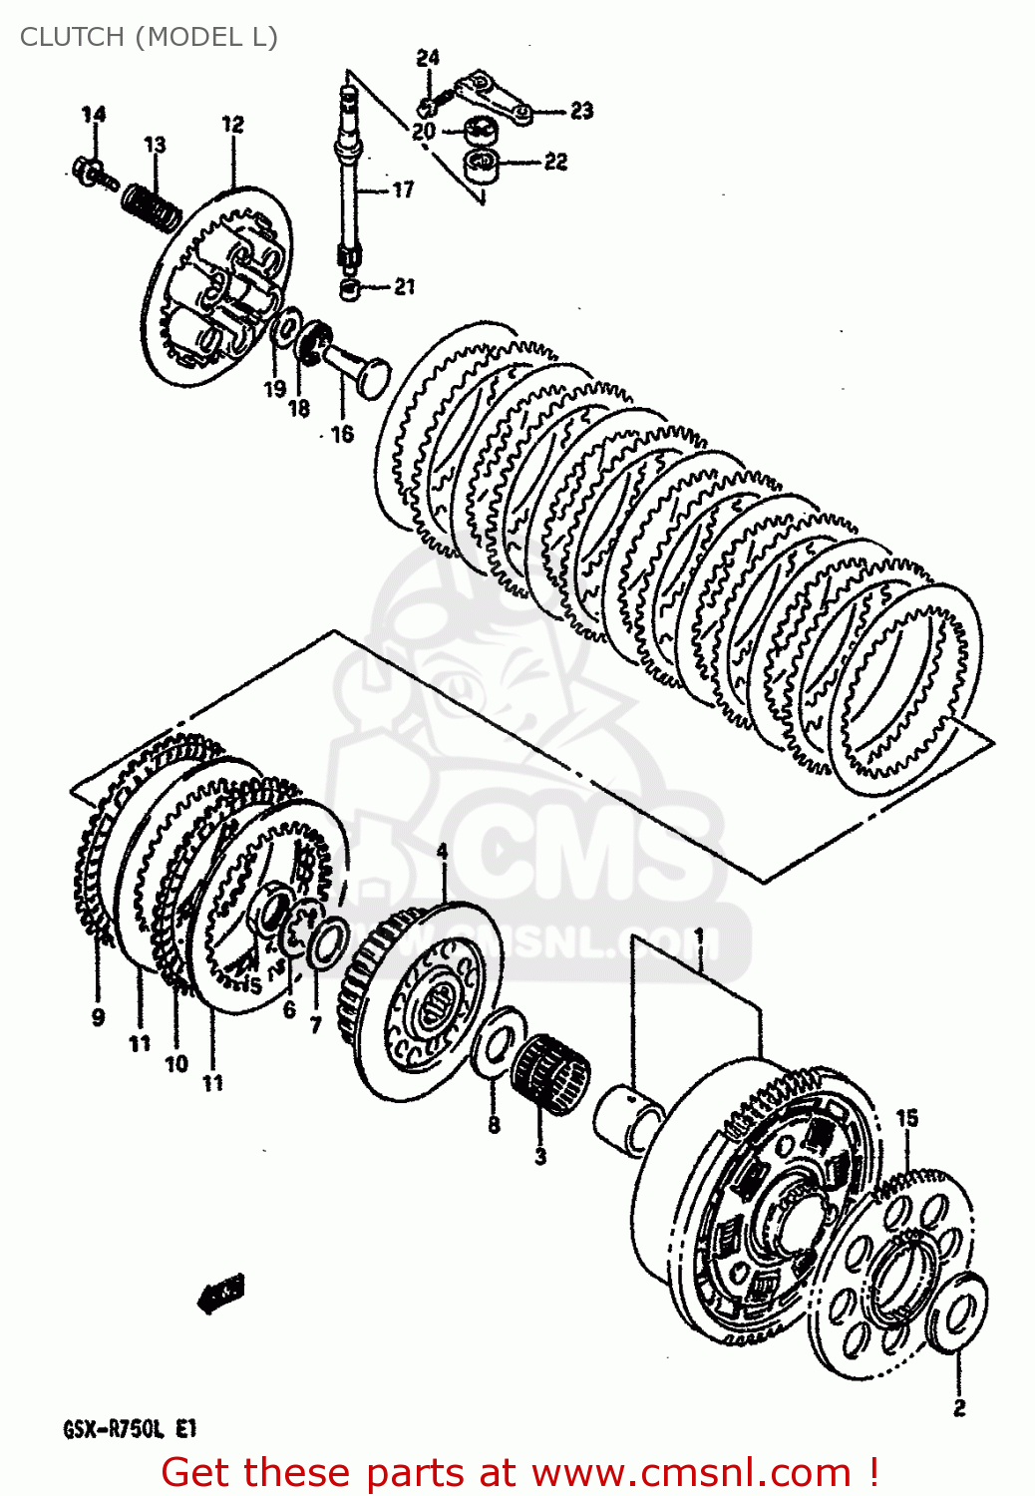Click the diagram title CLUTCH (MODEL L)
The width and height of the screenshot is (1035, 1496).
(x=149, y=37)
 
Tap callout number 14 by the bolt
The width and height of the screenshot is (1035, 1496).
(x=93, y=115)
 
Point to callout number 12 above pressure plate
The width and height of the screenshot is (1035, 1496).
(x=232, y=125)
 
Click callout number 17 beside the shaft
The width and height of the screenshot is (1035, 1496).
(x=403, y=189)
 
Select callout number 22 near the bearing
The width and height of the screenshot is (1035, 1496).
(x=555, y=162)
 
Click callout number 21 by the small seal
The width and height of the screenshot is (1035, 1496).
(x=404, y=287)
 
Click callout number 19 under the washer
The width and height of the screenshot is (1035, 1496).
(x=274, y=389)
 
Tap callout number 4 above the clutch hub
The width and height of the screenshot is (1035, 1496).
(x=442, y=853)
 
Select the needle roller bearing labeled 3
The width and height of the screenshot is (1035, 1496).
(x=550, y=1073)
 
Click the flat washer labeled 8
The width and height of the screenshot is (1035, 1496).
(x=500, y=1043)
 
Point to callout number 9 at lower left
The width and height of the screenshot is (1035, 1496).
(x=98, y=1017)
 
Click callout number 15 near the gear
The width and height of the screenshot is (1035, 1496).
(x=906, y=1118)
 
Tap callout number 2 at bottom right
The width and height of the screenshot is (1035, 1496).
(x=959, y=1407)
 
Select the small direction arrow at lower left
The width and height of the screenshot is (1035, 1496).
(x=221, y=1293)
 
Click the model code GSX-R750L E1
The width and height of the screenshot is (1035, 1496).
(x=131, y=1429)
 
